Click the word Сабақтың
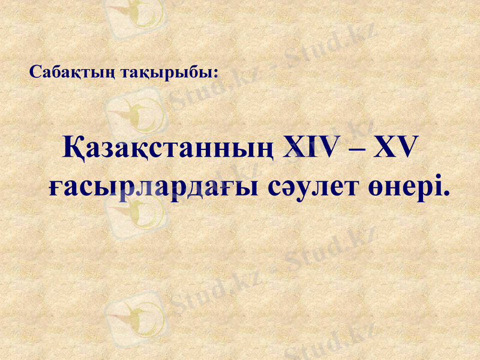64,73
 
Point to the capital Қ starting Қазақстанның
74,150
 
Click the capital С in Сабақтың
35,73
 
